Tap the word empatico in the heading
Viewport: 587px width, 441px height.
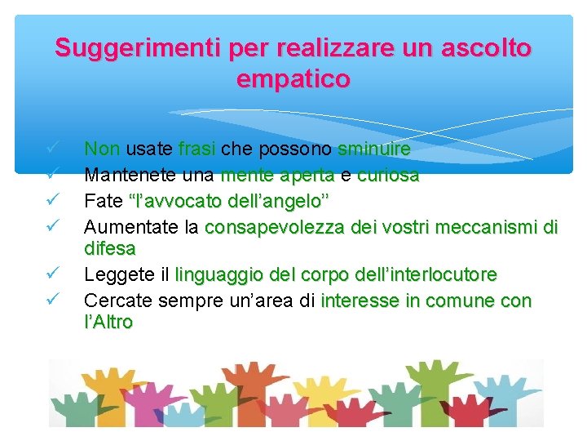293,80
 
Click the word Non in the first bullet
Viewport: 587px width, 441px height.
103,149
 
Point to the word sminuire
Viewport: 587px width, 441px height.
373,149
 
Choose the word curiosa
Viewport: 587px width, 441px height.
388,175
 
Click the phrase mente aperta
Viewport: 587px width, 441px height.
277,175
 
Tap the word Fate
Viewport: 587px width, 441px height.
103,200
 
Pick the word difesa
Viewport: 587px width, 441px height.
110,247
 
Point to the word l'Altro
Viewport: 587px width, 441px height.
108,322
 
